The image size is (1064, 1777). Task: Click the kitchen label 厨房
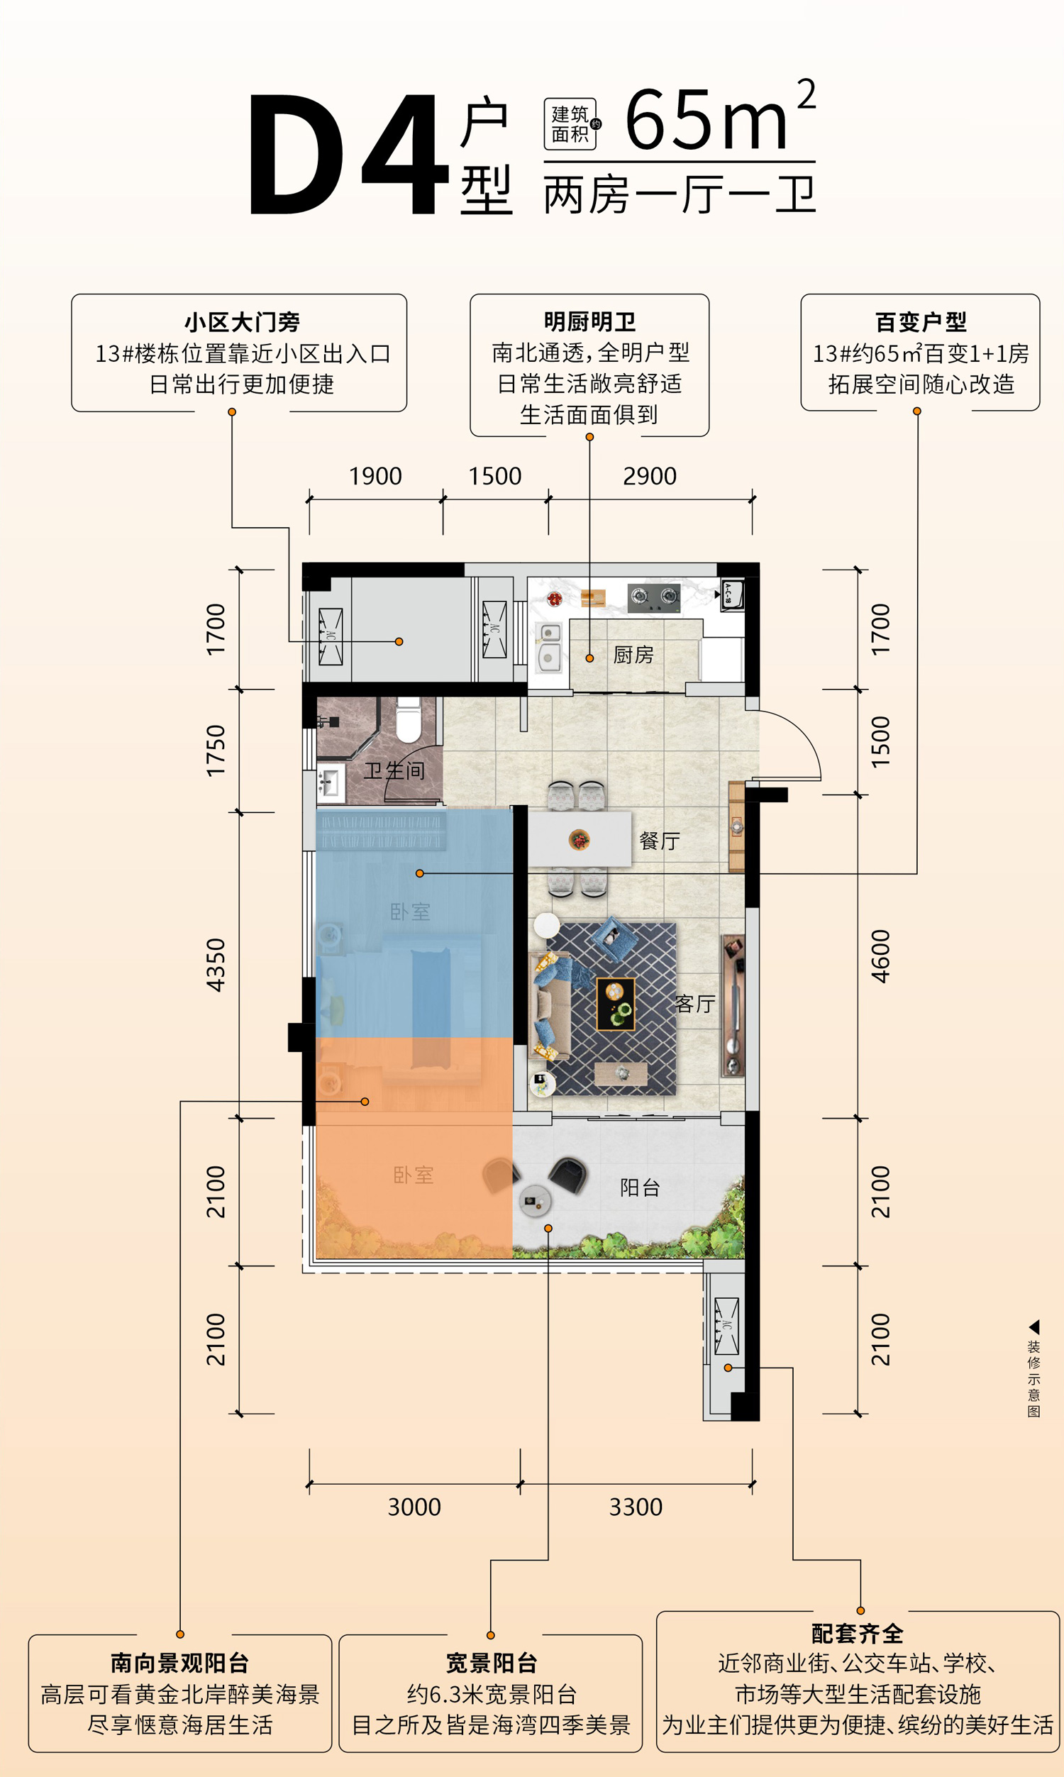pos(633,655)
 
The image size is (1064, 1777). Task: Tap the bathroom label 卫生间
pos(394,770)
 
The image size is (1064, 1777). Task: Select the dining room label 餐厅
pos(660,841)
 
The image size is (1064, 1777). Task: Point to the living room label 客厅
pos(694,1004)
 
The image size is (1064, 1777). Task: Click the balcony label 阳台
pos(640,1188)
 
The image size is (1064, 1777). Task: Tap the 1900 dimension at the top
pos(375,476)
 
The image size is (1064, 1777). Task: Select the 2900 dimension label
pos(650,476)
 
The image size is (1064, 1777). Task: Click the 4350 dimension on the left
pos(216,965)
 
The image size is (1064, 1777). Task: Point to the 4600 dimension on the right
pos(880,956)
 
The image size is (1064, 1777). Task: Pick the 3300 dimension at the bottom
pos(636,1507)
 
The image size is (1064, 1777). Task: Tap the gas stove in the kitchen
pos(654,598)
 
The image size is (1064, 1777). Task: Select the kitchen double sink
pos(550,646)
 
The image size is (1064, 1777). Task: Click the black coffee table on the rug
pos(616,1004)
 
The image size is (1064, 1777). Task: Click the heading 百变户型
pos(921,323)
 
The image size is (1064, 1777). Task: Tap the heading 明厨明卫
pos(589,322)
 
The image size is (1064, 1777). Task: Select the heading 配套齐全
pos(858,1634)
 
